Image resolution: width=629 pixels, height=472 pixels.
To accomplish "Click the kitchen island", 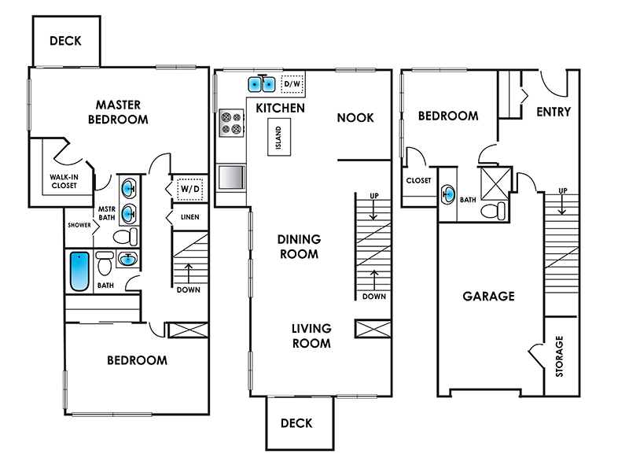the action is [x=279, y=137].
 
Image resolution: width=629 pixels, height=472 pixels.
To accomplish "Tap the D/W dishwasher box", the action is [x=292, y=84].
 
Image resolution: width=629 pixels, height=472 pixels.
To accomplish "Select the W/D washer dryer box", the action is [x=190, y=189].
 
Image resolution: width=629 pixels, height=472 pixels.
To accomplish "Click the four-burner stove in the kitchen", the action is [x=231, y=123].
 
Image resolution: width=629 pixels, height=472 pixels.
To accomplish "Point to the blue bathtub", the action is [x=79, y=271].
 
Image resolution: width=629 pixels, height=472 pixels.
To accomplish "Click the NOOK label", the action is [x=355, y=117].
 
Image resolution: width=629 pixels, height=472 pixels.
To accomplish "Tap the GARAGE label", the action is [x=488, y=297].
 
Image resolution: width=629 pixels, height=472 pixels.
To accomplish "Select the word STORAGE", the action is [x=559, y=356].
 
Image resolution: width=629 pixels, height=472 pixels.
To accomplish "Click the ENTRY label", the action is [x=554, y=112].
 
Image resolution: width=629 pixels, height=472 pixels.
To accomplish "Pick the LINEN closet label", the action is [x=190, y=217].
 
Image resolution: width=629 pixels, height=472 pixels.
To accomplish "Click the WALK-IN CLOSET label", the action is [x=64, y=181].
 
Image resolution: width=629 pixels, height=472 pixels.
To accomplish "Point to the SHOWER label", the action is [x=79, y=225].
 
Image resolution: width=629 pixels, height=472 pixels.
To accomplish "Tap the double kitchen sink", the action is [x=261, y=84].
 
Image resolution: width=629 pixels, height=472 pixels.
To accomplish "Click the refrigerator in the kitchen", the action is [x=231, y=177].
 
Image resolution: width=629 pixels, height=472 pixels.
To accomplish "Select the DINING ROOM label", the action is [x=300, y=246].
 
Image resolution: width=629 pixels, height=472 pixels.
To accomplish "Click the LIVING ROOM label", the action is [x=311, y=336].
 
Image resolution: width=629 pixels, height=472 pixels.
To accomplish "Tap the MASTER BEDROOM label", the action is [x=118, y=112].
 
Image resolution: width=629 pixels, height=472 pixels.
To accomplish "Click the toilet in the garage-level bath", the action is [x=494, y=211].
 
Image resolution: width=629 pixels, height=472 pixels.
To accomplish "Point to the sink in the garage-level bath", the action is [x=447, y=195].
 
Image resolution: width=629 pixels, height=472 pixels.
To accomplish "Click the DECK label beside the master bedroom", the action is [x=65, y=41].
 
